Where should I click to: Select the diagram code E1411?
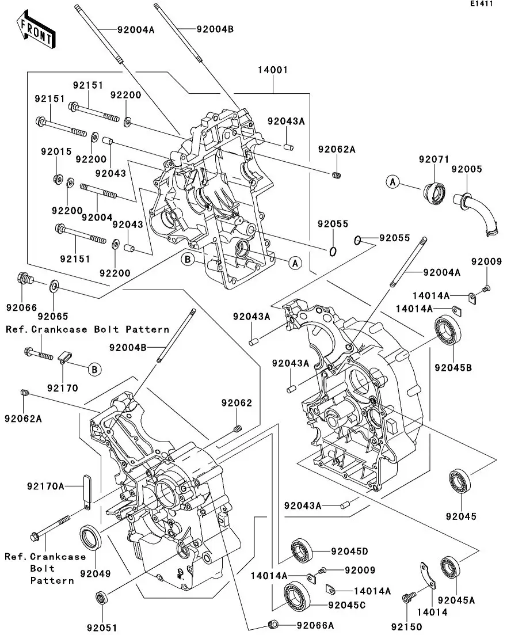(481, 4)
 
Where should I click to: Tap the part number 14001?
(273, 70)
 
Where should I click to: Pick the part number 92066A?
(315, 625)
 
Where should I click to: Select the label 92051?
(102, 627)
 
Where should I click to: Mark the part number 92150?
(407, 626)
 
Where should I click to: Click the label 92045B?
(453, 367)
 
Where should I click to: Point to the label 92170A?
(45, 486)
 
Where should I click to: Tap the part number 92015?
(56, 151)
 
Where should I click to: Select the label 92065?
(52, 316)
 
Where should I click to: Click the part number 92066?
(22, 307)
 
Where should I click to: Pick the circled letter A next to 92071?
(392, 182)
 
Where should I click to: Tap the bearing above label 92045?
(462, 481)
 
